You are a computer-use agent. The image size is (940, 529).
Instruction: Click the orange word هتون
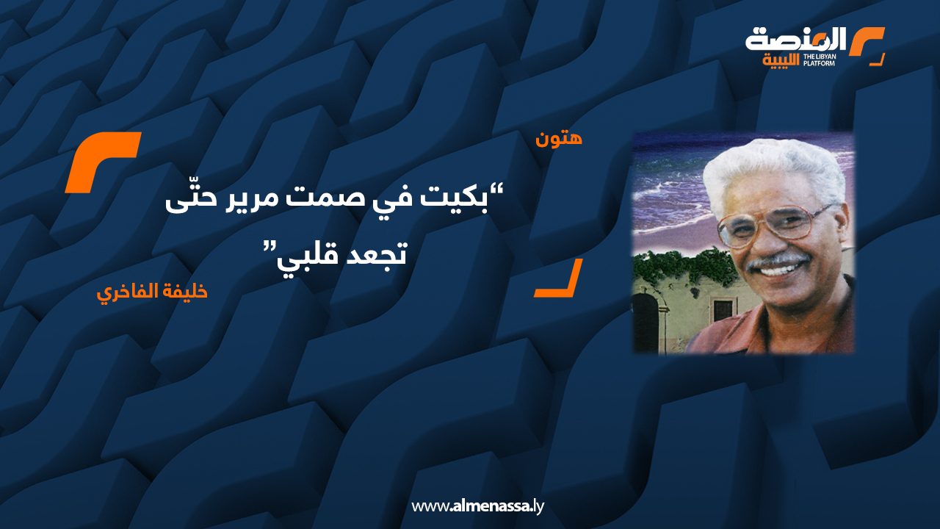coord(559,139)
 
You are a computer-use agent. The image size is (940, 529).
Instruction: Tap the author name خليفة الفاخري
coord(152,292)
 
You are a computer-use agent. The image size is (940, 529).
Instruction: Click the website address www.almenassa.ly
coord(477,506)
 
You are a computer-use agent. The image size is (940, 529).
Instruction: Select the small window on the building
coord(723,311)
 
